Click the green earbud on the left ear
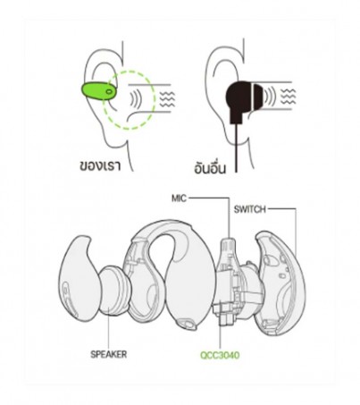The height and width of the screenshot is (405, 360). click(x=99, y=91)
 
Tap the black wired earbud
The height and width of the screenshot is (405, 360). click(x=243, y=100)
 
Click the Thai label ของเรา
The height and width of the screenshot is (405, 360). click(x=100, y=165)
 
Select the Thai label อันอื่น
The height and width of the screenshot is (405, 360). click(x=210, y=167)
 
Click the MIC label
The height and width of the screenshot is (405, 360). click(x=179, y=198)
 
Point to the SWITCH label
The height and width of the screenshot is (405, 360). click(x=249, y=209)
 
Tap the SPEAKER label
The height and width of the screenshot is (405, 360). click(x=109, y=354)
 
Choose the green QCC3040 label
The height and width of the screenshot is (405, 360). click(x=220, y=355)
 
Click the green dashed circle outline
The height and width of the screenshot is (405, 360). click(x=155, y=100)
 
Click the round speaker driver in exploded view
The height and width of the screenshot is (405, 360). click(x=114, y=291)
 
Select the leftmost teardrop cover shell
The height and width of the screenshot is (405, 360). click(x=78, y=279)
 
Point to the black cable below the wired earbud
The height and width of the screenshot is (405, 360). click(x=237, y=148)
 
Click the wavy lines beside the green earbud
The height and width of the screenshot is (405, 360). click(x=167, y=99)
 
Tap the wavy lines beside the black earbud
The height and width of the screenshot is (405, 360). click(x=289, y=96)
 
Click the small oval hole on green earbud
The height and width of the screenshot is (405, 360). click(x=109, y=92)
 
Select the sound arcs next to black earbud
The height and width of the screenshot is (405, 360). click(x=270, y=96)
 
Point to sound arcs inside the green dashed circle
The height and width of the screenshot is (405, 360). click(x=135, y=99)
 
